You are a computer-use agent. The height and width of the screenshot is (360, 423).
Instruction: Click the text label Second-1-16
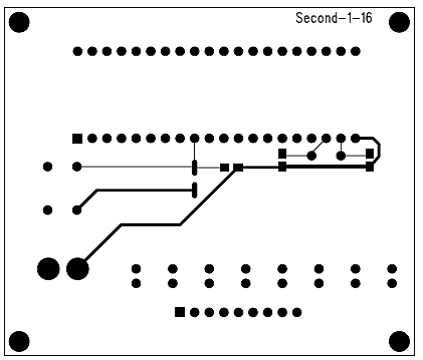click(334, 18)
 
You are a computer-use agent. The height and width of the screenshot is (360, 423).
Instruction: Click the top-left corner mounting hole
click(19, 22)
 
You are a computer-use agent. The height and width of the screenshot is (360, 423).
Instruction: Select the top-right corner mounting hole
click(399, 22)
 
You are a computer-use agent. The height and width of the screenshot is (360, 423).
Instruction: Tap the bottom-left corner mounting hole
click(19, 341)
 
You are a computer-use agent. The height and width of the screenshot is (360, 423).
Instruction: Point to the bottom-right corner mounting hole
click(399, 341)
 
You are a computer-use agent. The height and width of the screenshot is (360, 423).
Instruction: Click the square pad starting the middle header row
click(77, 138)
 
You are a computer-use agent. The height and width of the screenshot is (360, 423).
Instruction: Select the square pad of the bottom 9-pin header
click(180, 312)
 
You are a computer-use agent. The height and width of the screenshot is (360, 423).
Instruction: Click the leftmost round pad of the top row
click(78, 51)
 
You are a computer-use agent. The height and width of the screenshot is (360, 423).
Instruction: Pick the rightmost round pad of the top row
click(356, 51)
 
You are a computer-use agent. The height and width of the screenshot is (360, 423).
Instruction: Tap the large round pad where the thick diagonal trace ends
click(78, 269)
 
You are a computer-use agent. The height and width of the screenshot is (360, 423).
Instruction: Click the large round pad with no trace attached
click(48, 269)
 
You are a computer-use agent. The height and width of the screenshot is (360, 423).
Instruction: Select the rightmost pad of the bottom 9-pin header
click(297, 312)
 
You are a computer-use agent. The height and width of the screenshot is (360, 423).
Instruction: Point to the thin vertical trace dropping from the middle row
click(194, 151)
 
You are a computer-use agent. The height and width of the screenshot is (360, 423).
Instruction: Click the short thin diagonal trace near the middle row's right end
click(319, 147)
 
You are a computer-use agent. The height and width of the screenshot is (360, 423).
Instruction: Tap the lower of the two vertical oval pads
click(195, 190)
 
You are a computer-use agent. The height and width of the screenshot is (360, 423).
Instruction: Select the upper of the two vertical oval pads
click(195, 167)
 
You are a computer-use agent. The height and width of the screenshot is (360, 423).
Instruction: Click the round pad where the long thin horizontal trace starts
click(77, 166)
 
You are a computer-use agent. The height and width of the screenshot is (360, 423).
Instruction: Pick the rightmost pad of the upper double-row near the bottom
click(392, 269)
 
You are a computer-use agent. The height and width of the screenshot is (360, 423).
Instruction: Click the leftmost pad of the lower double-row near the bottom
click(136, 283)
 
